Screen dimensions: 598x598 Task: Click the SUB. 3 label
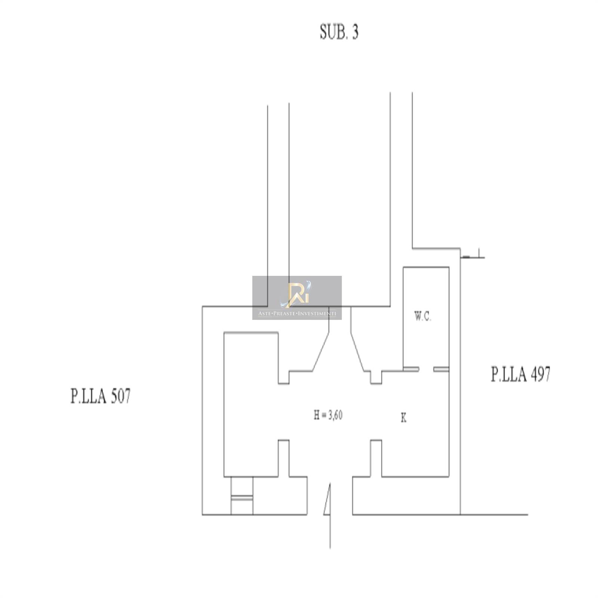(339, 32)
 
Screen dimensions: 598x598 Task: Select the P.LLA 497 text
(521, 374)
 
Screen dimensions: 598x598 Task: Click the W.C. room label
(423, 317)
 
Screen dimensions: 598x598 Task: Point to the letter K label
(404, 418)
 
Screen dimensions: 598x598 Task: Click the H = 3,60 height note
(328, 415)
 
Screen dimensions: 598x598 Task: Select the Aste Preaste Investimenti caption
(297, 314)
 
